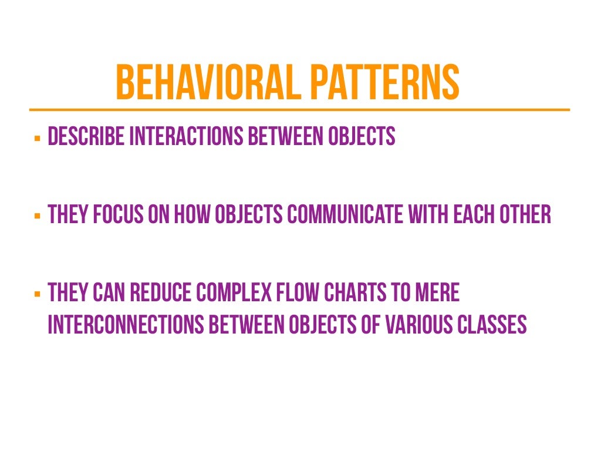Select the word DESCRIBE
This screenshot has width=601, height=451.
click(86, 137)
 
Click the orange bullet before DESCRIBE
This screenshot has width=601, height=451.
click(37, 139)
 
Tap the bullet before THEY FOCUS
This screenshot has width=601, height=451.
click(37, 217)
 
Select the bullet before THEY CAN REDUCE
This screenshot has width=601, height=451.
click(37, 294)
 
